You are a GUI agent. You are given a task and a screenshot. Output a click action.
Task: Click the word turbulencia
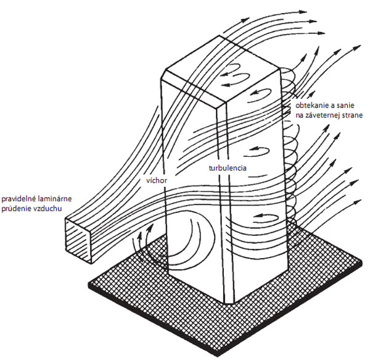click(228, 168)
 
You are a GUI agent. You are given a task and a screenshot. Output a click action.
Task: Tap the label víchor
click(157, 180)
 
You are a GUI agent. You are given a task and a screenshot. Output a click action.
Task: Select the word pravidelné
click(17, 199)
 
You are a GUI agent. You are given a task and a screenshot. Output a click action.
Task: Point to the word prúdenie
click(15, 209)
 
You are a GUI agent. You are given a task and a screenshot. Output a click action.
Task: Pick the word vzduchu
click(46, 209)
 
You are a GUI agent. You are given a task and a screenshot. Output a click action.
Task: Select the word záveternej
click(321, 115)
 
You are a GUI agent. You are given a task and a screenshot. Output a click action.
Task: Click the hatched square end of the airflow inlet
click(78, 240)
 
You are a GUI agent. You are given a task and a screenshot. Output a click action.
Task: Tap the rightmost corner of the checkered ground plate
click(361, 262)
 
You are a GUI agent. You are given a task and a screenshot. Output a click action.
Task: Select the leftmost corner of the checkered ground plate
click(89, 283)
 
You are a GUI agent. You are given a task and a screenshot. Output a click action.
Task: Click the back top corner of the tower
click(220, 35)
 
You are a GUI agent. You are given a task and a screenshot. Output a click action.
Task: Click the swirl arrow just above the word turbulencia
click(257, 151)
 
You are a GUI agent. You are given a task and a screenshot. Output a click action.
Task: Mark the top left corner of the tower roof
click(165, 70)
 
